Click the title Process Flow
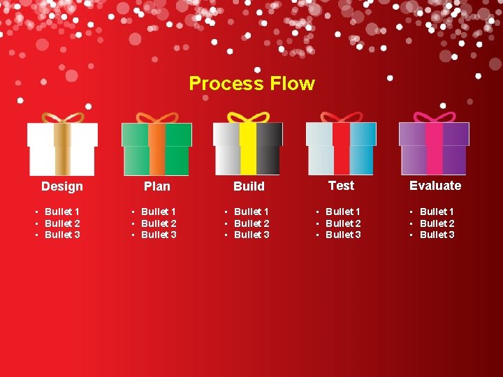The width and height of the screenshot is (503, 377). coord(251,84)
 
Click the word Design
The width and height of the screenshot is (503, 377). coord(61,186)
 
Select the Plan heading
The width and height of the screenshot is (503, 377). coord(156,186)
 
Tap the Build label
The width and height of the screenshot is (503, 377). coord(249,186)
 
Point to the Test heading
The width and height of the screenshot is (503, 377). coord(341,186)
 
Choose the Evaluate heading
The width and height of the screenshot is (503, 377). coord(435,186)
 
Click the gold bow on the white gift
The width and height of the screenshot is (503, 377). coord(63,117)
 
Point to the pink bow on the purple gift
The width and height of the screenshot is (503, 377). coord(434,117)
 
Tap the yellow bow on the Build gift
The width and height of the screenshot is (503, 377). coord(248,117)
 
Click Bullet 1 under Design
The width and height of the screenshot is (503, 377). coord(61,212)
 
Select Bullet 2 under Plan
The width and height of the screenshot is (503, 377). coord(159,223)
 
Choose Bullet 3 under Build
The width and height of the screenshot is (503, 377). coord(251,235)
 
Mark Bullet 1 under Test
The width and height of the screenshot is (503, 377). coord(343,212)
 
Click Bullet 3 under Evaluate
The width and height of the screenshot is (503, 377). coord(437,235)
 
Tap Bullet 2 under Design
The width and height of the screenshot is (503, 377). coord(62,223)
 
